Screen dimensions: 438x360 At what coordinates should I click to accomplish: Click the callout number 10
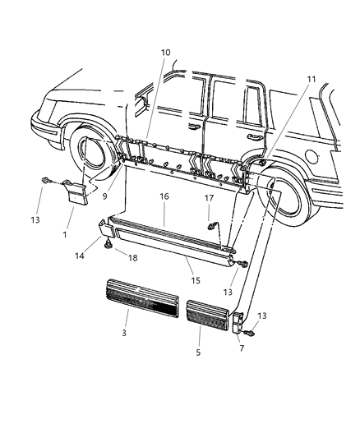(165, 53)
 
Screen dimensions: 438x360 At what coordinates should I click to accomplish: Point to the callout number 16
(164, 198)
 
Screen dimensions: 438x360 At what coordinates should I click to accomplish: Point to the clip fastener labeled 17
(212, 225)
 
